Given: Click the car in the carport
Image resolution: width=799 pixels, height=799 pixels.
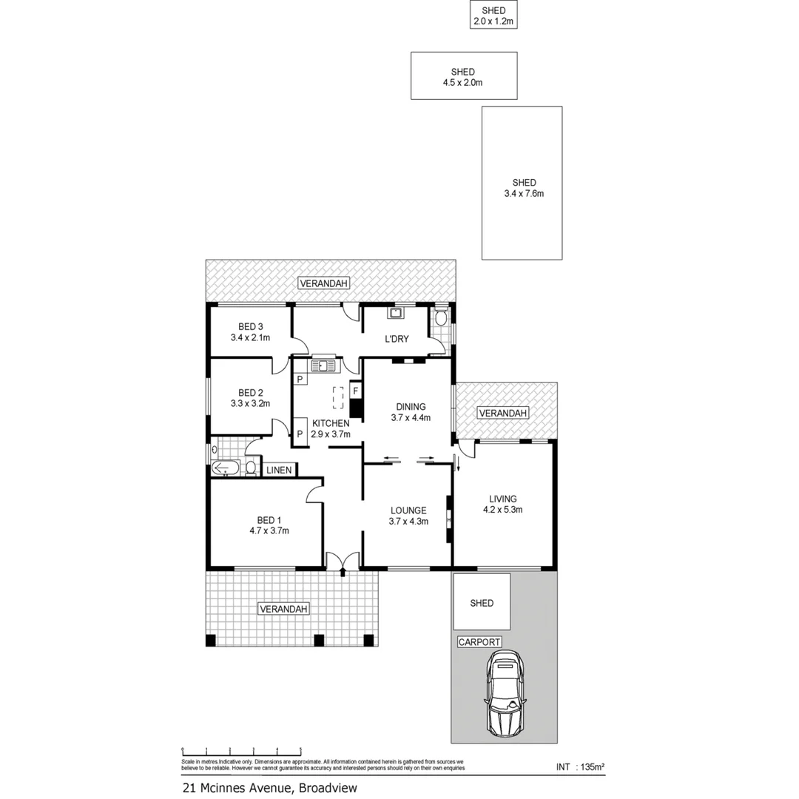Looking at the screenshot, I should (x=505, y=693).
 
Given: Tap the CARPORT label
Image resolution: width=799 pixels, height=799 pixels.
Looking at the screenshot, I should (x=479, y=642).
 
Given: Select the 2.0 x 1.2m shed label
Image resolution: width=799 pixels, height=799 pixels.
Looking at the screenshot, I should (x=493, y=21).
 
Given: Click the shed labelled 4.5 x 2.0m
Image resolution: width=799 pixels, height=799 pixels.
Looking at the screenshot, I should (x=463, y=76).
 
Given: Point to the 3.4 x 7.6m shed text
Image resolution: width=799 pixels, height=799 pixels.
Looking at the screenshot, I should (x=523, y=194).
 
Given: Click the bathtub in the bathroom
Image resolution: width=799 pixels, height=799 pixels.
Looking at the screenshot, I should (x=225, y=468).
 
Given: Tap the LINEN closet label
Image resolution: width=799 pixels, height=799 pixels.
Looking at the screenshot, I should (x=279, y=470).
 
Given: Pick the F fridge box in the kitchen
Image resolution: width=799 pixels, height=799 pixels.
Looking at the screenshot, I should (x=355, y=390).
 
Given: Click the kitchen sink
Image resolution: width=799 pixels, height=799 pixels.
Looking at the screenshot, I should (x=323, y=364).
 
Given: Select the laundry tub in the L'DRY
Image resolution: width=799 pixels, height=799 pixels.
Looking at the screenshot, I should (x=395, y=313).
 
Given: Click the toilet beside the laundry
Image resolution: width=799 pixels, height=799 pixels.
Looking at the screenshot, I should (x=441, y=319).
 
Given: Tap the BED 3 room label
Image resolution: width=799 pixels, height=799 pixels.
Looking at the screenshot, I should (x=250, y=326).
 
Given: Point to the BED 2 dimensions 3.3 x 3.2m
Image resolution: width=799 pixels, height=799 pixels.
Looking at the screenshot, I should (x=250, y=404).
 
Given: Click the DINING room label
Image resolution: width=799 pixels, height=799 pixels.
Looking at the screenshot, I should (x=411, y=406).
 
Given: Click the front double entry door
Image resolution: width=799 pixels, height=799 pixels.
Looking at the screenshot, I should (x=343, y=562).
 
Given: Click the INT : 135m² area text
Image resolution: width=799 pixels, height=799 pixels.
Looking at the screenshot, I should (x=580, y=767).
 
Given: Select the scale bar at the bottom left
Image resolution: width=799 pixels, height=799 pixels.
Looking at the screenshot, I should (x=241, y=751).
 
